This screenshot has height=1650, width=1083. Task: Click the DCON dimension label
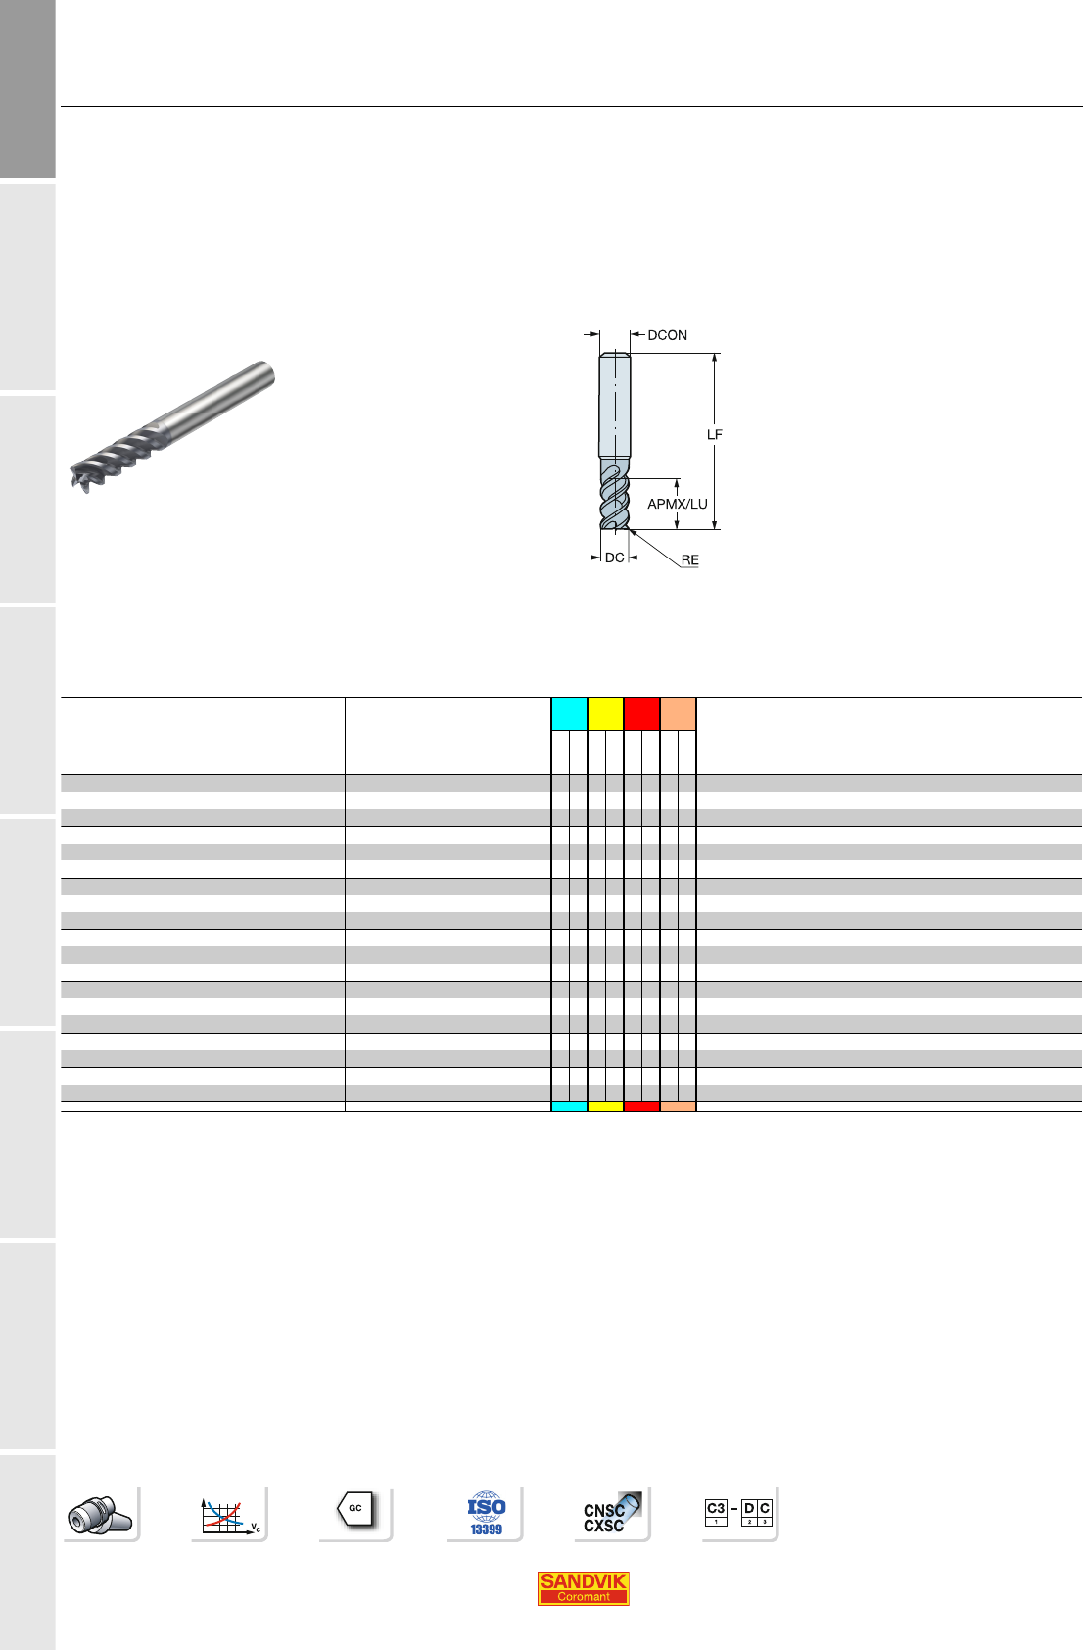coord(667,335)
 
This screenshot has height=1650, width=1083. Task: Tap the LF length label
coord(714,435)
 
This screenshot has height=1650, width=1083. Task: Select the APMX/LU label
coord(678,504)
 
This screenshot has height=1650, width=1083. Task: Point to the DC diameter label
coord(614,558)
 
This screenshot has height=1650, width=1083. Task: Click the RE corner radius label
coord(690,559)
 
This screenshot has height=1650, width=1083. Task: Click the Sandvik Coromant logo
coord(583,1588)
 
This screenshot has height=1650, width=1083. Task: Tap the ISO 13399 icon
coord(486,1514)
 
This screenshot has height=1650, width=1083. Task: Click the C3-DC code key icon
coord(738,1512)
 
